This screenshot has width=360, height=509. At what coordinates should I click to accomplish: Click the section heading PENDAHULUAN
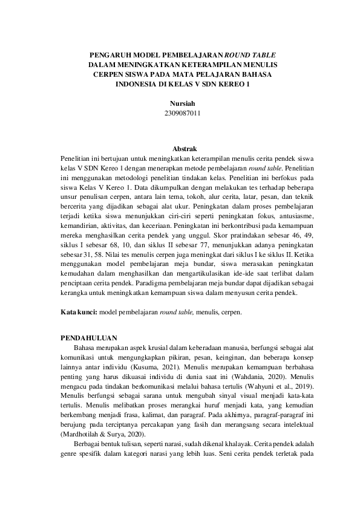click(90, 337)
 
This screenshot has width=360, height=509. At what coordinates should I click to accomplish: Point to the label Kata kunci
click(77, 313)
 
